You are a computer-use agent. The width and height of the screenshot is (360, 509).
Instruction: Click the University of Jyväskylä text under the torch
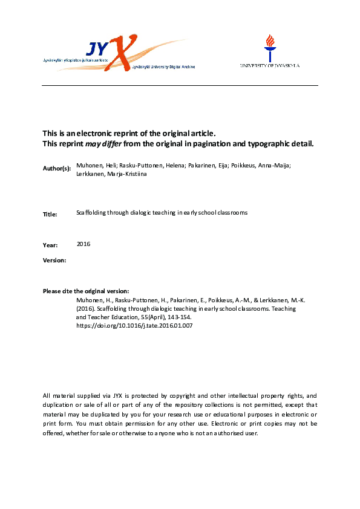pyautogui.click(x=269, y=65)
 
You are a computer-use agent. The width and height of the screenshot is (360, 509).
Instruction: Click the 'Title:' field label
pyautogui.click(x=50, y=214)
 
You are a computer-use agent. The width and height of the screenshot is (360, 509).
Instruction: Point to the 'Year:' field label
pyautogui.click(x=50, y=245)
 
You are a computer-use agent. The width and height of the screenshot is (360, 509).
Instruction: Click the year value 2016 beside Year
pyautogui.click(x=83, y=244)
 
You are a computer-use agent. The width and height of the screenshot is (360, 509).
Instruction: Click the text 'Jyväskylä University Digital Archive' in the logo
pyautogui.click(x=163, y=66)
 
